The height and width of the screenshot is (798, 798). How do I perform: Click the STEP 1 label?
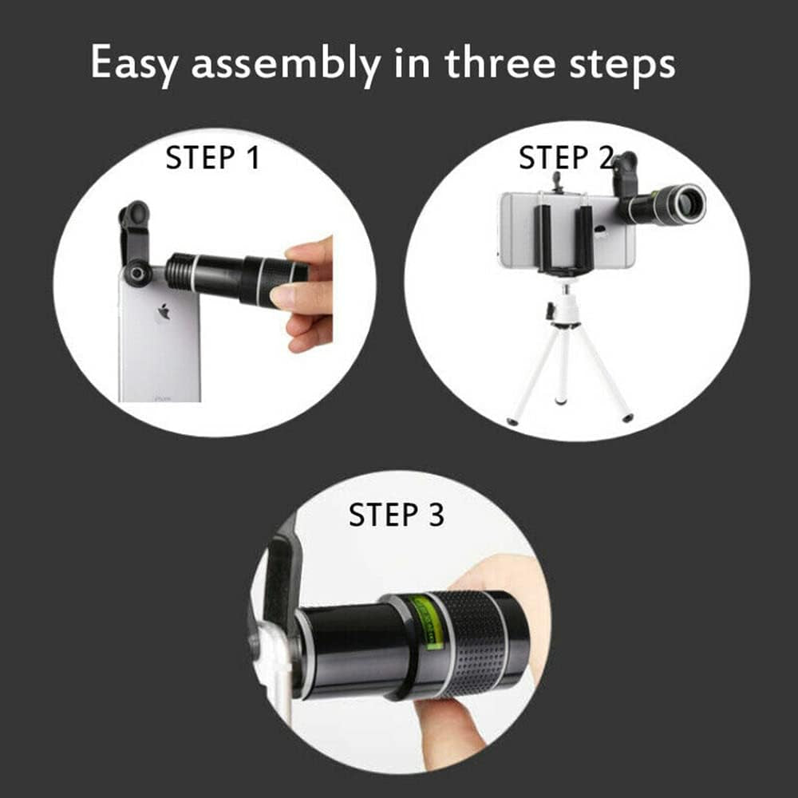click(212, 158)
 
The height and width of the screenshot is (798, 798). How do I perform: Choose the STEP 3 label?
click(396, 515)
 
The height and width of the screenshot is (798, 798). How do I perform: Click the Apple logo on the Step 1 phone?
click(164, 312)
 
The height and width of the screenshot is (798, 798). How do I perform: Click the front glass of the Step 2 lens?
click(689, 204)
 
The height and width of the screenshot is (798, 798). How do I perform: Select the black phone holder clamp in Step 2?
click(565, 238)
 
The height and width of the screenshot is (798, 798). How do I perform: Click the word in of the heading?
click(411, 64)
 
